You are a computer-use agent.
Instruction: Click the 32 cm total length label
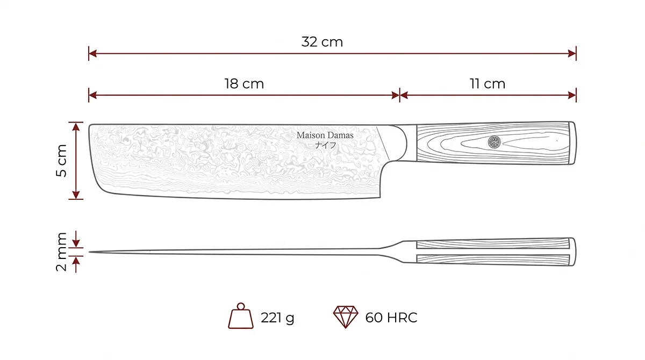coord(322,42)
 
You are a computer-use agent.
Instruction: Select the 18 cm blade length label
coord(244,84)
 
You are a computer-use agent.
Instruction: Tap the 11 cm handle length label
coord(488,84)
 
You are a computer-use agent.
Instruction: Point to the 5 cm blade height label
coord(61,161)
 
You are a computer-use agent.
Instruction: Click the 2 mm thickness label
coord(61,252)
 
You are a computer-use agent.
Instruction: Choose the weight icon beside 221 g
coord(241,316)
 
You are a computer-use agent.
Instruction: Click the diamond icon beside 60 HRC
coord(346,317)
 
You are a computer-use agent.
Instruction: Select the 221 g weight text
coord(277,318)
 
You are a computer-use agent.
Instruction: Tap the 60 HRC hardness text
coord(391,318)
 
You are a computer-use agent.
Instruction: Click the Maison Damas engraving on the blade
coord(325,135)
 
